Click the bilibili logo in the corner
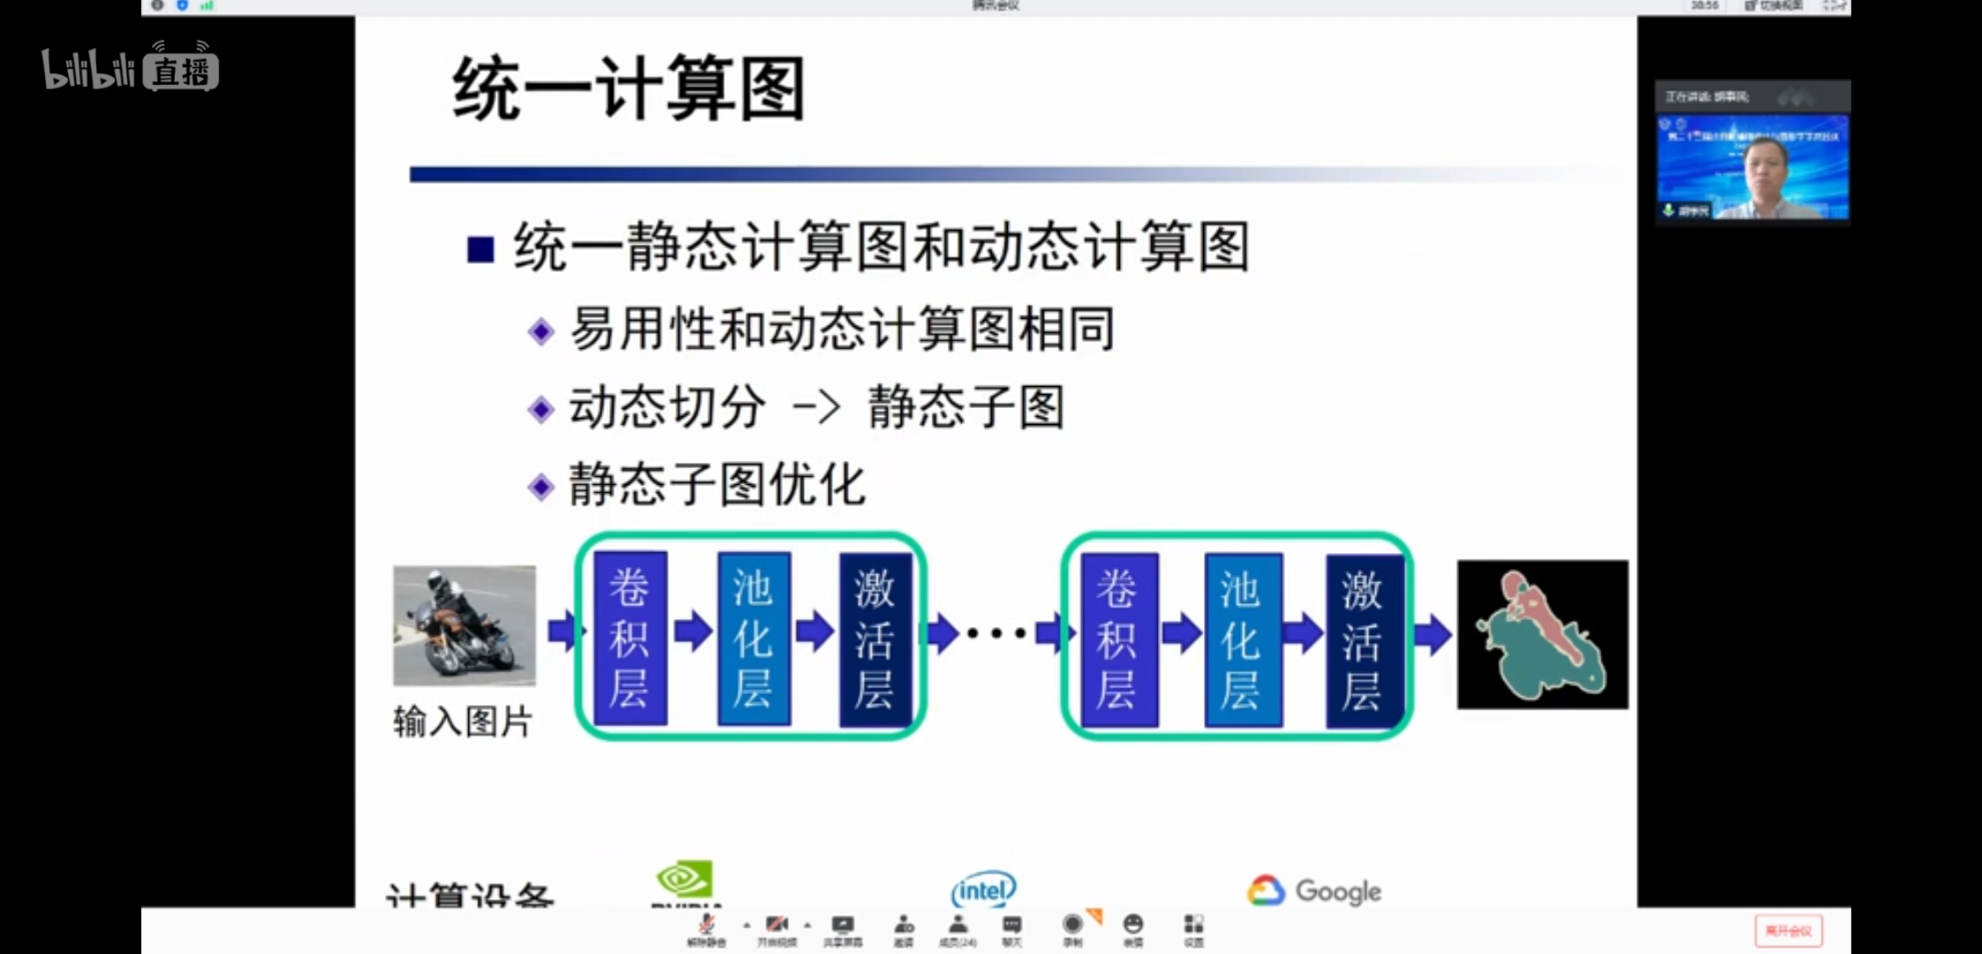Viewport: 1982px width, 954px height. [x=129, y=69]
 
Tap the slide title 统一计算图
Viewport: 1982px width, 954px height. [x=628, y=88]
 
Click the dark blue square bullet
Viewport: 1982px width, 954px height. [x=480, y=249]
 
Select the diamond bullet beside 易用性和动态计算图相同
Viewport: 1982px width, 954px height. [x=541, y=332]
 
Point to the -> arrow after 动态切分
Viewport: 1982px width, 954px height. [x=816, y=408]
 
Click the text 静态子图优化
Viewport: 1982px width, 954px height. [x=716, y=485]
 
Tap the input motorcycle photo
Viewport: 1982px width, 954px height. [x=465, y=625]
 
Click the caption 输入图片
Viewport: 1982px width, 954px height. [x=462, y=722]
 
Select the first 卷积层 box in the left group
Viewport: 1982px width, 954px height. [x=630, y=638]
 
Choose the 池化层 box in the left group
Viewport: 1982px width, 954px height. [x=753, y=638]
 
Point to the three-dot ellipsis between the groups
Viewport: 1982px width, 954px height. [x=996, y=632]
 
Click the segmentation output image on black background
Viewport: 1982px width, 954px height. [x=1542, y=634]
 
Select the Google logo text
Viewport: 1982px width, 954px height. [x=1337, y=891]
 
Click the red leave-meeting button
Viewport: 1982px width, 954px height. [x=1788, y=931]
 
